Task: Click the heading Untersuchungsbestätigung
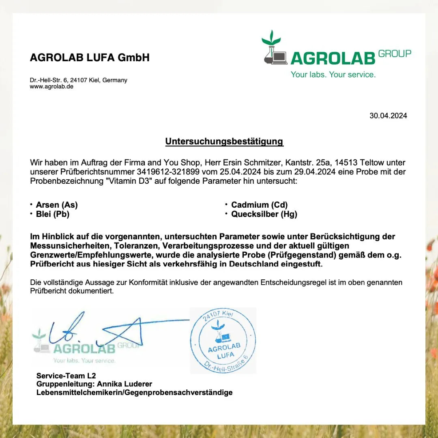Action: point(224,142)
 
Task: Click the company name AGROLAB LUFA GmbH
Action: point(90,58)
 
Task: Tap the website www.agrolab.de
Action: point(52,86)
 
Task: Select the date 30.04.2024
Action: point(388,116)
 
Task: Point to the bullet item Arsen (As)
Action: point(57,205)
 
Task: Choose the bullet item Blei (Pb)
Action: point(53,214)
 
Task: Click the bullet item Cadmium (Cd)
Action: point(259,205)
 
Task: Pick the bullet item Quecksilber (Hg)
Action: point(264,214)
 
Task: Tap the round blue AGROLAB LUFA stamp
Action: point(223,341)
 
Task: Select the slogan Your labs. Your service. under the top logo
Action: point(333,75)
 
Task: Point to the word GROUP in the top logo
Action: point(395,53)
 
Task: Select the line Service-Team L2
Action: point(66,376)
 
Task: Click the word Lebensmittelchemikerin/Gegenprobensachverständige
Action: point(134,393)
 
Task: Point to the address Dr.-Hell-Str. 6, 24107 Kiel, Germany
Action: point(78,80)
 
